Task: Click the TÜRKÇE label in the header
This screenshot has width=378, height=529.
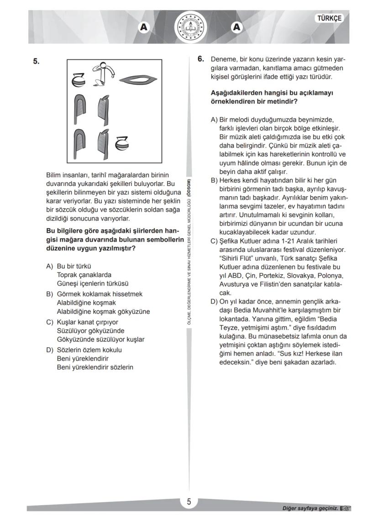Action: [329, 18]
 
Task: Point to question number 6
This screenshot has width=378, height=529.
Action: [200, 59]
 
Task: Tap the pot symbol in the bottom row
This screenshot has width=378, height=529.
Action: [121, 143]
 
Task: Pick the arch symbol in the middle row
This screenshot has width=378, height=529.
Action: [83, 110]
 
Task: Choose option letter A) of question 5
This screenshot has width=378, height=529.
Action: [49, 266]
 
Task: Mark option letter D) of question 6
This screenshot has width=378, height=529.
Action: [214, 302]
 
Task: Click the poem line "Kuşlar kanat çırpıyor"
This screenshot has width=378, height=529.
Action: [88, 322]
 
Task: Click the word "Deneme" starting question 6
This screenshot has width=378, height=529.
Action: [222, 60]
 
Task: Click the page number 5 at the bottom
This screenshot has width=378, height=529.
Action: [189, 502]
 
